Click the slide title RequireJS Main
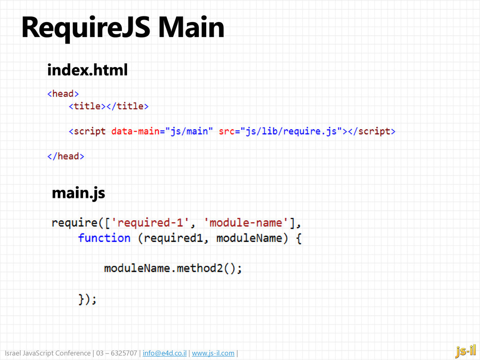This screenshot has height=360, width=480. (123, 28)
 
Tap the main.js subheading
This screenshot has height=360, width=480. (78, 192)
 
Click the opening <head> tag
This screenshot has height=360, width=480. (63, 94)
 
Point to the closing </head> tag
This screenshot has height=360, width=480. (66, 156)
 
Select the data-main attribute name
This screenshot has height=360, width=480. (135, 131)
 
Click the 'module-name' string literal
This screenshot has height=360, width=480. (247, 222)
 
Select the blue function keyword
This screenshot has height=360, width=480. (104, 238)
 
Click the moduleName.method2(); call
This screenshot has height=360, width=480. (173, 269)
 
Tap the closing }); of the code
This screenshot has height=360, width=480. (87, 299)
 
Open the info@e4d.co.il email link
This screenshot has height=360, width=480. (165, 353)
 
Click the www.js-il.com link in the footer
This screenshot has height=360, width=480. (213, 353)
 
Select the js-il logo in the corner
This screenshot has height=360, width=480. (465, 350)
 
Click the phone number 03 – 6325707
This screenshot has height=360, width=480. (117, 353)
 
